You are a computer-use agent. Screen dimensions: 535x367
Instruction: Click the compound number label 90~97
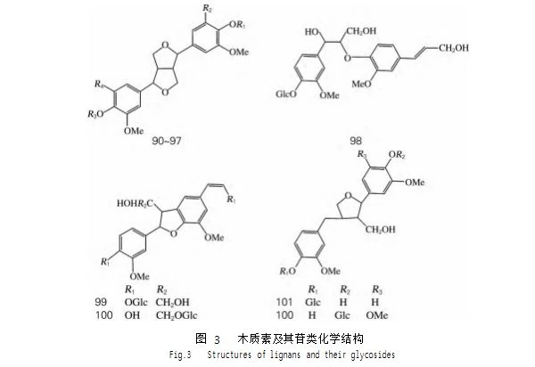coord(167,141)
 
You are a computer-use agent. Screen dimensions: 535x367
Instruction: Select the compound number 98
coord(356,141)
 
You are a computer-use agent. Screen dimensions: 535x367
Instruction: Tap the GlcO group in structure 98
coord(286,94)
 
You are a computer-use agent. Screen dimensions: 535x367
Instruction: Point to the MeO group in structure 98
coord(361,84)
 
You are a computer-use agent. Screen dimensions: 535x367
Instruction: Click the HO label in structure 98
coord(312,32)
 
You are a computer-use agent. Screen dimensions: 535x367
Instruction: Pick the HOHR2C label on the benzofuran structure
coord(134,204)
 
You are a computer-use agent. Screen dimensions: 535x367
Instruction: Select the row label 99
coord(101,302)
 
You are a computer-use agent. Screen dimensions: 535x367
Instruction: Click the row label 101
coord(284,302)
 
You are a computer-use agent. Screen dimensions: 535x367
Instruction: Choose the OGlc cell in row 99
coord(136,302)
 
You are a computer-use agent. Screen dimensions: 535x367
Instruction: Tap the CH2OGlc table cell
coord(177,315)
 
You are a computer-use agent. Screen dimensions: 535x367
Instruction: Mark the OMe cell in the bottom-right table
coord(376,315)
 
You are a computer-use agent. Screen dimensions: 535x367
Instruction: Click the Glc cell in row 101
coord(313,302)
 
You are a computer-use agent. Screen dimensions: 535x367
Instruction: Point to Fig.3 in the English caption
coord(180,355)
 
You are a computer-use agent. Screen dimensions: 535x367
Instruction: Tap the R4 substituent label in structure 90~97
coord(99,84)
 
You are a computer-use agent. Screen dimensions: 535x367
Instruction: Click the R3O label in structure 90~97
coord(95,114)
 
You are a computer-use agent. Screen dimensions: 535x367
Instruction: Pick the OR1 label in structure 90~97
coord(237,25)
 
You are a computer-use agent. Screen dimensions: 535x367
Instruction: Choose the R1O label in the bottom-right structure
coord(288,272)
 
